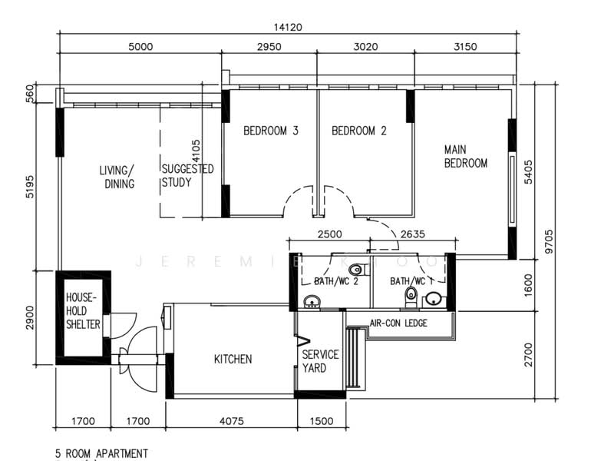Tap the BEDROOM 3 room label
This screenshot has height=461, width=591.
(270, 131)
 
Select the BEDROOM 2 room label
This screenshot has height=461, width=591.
(358, 131)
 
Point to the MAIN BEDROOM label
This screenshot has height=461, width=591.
(465, 156)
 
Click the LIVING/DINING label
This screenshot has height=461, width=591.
(117, 177)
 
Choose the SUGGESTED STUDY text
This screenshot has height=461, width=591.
(187, 176)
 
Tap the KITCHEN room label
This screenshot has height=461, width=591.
(233, 359)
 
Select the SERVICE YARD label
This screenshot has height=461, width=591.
(320, 361)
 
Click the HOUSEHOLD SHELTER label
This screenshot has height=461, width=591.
(83, 310)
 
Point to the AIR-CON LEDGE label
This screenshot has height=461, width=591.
(398, 323)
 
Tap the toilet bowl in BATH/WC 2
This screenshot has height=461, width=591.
(355, 270)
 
